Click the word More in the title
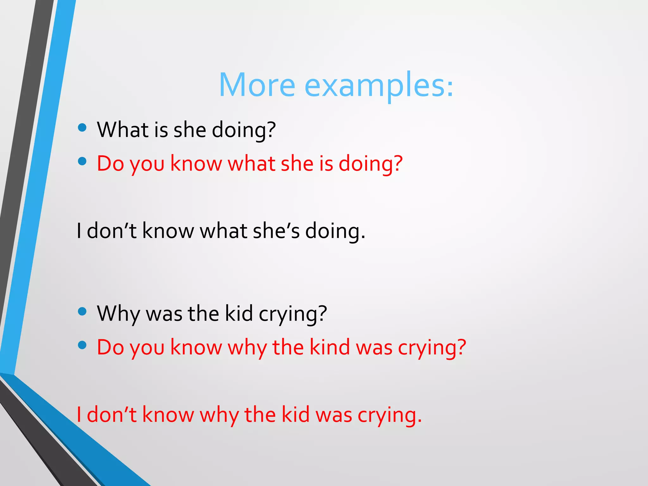pyautogui.click(x=257, y=85)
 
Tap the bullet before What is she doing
pyautogui.click(x=82, y=128)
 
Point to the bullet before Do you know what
pyautogui.click(x=82, y=161)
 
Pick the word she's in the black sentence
pyautogui.click(x=276, y=231)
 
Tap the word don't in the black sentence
pyautogui.click(x=111, y=231)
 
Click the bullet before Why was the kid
pyautogui.click(x=82, y=311)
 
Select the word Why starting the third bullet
pyautogui.click(x=118, y=314)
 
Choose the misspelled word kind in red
pyautogui.click(x=329, y=347)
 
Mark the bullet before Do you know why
pyautogui.click(x=82, y=345)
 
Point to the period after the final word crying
pyautogui.click(x=420, y=421)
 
